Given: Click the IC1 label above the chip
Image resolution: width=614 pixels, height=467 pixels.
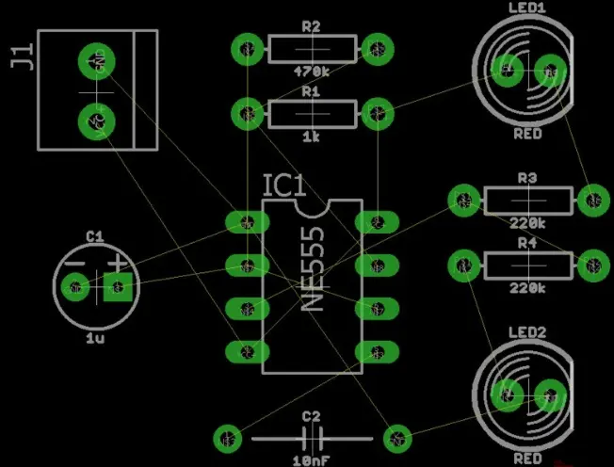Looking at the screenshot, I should [x=284, y=185].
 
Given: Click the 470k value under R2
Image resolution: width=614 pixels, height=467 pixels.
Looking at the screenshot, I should [x=312, y=71].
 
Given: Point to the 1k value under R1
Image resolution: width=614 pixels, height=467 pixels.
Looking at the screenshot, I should [x=312, y=137].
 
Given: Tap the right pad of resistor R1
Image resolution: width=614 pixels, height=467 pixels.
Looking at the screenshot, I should [x=377, y=114].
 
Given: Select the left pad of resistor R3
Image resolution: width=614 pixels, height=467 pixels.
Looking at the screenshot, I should [x=462, y=200].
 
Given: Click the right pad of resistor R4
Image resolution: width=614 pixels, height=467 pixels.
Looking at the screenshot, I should [x=592, y=266].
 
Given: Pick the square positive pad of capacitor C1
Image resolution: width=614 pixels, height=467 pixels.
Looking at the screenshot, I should [x=118, y=286].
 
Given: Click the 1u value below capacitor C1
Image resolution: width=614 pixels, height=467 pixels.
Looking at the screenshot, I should [x=95, y=337].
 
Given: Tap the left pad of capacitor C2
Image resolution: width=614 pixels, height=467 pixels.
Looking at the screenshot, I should [x=227, y=437].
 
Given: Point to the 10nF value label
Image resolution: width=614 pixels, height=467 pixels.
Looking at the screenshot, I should [x=311, y=460].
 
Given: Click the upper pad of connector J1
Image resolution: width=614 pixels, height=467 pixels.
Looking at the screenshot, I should [x=95, y=60].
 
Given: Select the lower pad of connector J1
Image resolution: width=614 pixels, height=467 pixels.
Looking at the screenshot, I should [x=95, y=120].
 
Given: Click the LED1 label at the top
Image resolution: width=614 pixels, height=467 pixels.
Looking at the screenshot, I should [x=527, y=8].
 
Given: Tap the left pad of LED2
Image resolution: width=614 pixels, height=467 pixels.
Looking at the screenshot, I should [x=509, y=394].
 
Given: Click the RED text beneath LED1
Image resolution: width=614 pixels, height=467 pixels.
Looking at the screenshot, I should [x=527, y=135].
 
